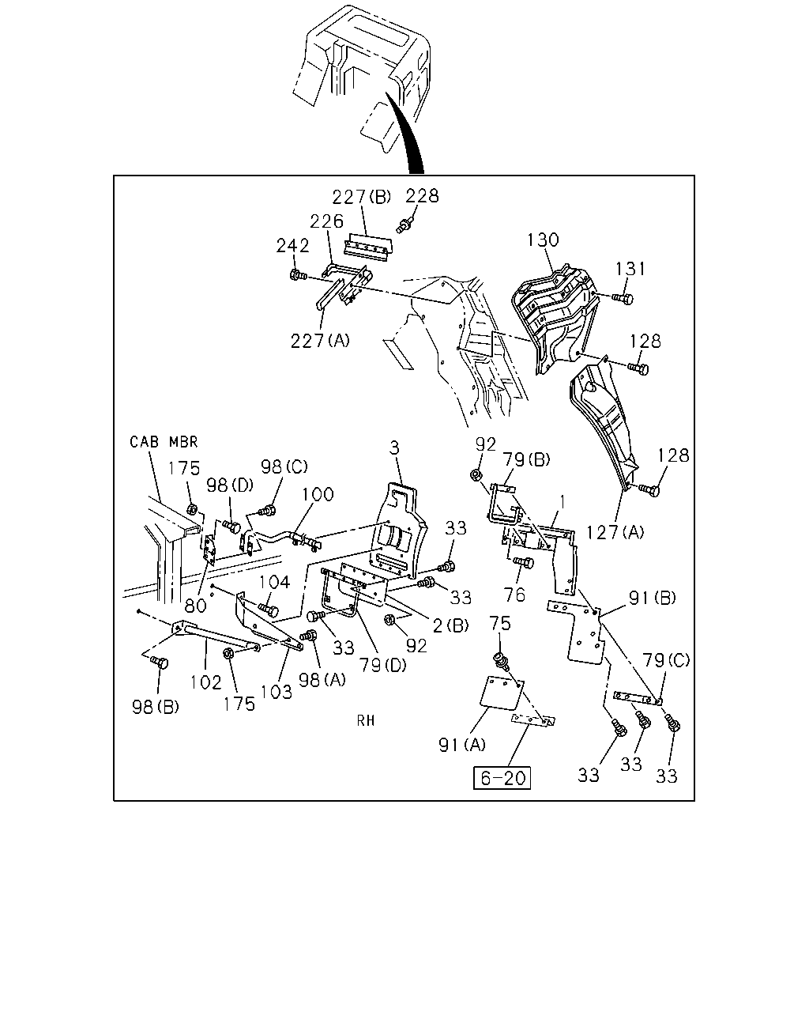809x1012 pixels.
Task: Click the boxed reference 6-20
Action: [502, 778]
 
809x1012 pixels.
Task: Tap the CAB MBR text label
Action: [164, 442]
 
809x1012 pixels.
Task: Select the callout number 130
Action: [543, 240]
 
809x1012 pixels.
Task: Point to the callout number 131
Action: [630, 269]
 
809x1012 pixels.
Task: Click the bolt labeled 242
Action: [298, 275]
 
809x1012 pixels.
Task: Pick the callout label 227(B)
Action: [362, 197]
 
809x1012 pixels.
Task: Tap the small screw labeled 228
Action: [405, 225]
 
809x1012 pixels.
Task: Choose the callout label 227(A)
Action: [320, 341]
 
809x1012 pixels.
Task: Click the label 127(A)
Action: [615, 533]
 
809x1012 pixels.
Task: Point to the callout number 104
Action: [274, 582]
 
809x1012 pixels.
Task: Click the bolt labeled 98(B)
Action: [160, 663]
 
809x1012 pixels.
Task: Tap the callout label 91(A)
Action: [462, 745]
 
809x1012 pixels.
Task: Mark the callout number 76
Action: [514, 595]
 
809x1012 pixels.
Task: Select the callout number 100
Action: [318, 494]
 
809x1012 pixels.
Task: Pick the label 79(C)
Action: [666, 661]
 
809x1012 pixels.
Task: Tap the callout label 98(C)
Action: [284, 467]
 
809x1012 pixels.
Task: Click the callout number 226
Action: [327, 221]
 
